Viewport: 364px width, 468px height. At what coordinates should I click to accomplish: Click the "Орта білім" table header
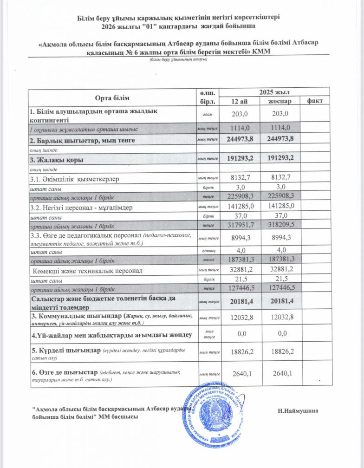pos(112,97)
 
